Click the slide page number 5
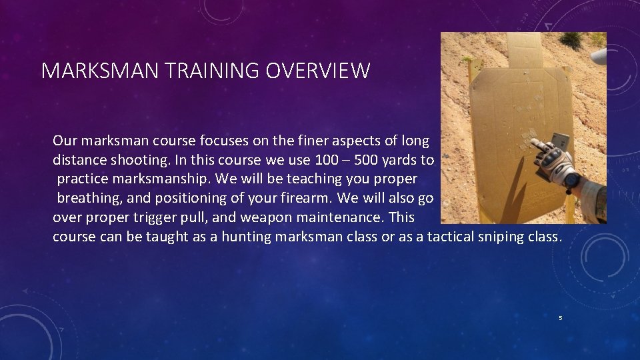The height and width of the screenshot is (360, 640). pos(561,318)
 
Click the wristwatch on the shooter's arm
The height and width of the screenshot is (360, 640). pos(571,178)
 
